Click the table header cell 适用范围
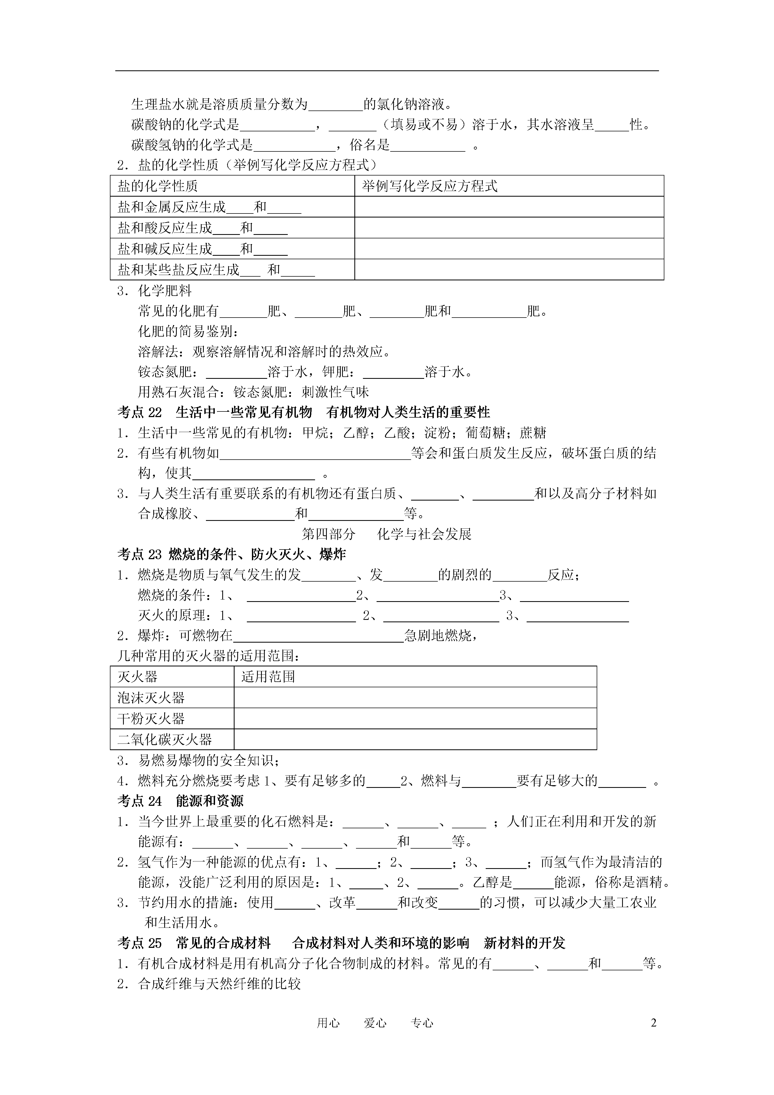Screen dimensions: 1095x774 coord(268,677)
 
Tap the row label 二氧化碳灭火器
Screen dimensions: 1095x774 coord(164,740)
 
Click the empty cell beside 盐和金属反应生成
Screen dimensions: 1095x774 coord(509,207)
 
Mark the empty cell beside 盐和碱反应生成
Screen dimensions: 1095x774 coord(509,249)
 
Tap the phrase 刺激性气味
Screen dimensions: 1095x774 coord(335,392)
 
